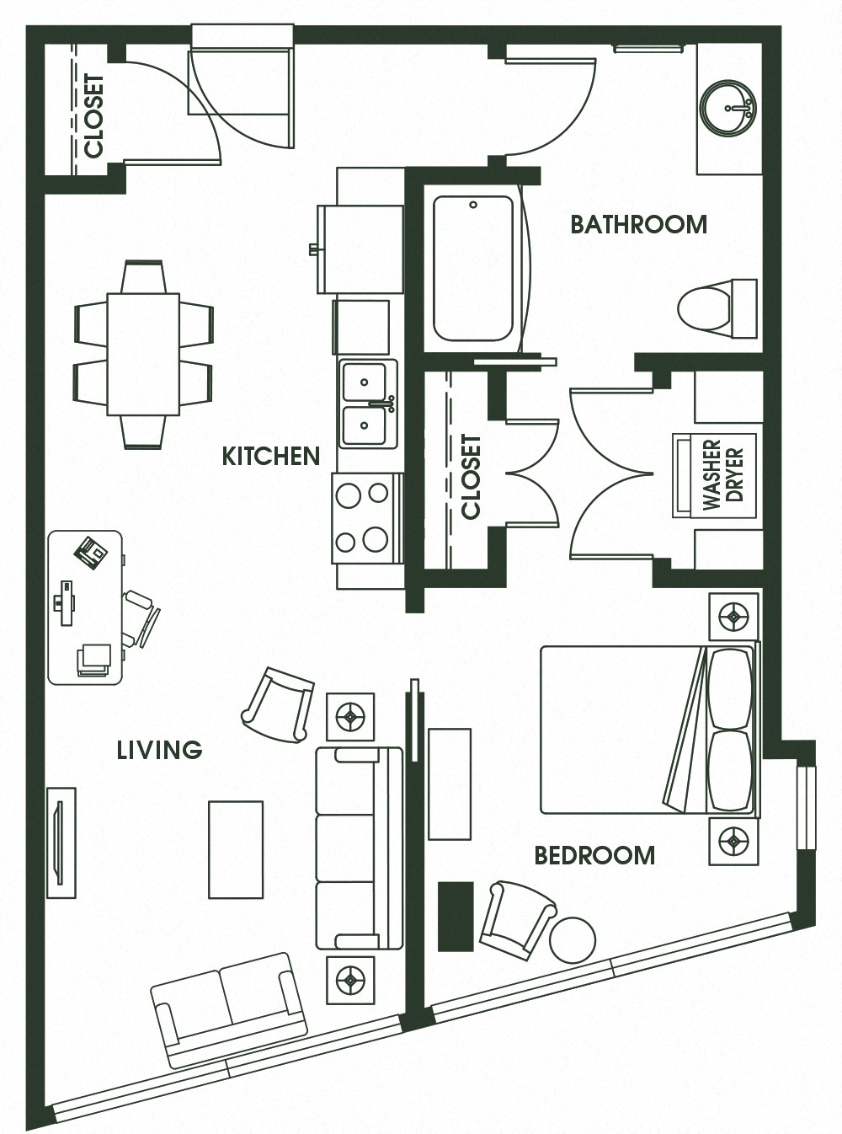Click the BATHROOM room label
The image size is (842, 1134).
(638, 224)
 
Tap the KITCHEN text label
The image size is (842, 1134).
(270, 456)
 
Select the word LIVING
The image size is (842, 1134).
(159, 749)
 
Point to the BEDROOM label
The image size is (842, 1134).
(594, 855)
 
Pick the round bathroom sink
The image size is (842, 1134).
(728, 108)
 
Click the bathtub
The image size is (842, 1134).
(473, 268)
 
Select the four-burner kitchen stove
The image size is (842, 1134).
(365, 518)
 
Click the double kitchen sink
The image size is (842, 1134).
(367, 404)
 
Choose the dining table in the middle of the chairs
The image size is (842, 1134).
(143, 354)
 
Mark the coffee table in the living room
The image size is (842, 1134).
(236, 849)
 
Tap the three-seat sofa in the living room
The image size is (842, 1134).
(357, 848)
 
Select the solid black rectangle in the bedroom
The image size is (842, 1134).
(456, 917)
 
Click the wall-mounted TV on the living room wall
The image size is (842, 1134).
(61, 842)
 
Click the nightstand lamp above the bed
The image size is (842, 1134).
(733, 617)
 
